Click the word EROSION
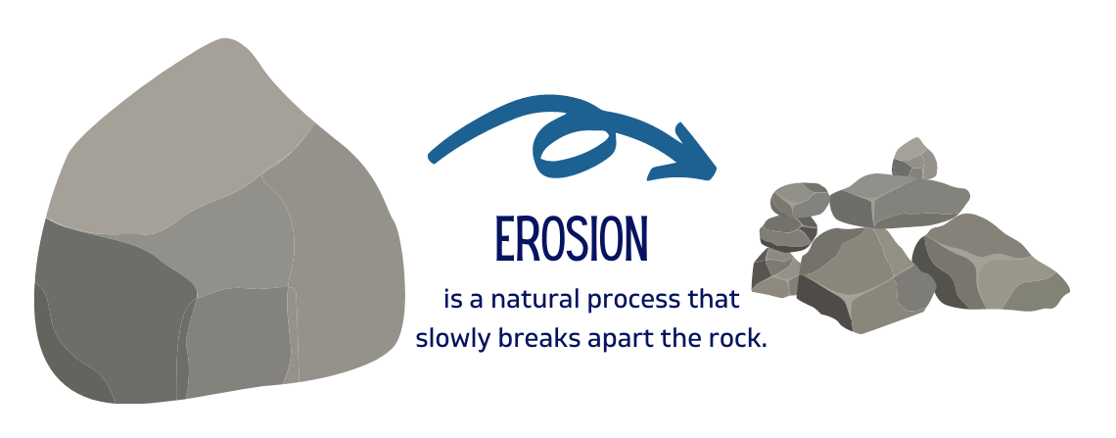572,239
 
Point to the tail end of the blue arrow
433,157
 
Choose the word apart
621,340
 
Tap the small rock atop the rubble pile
914,160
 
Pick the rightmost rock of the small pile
990,264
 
